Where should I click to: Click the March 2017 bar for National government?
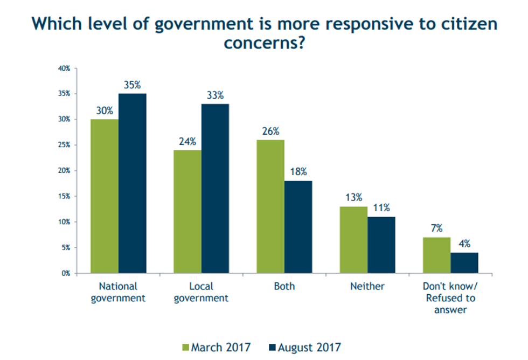(105, 196)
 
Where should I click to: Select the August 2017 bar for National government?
(133, 183)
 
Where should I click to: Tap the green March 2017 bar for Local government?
(187, 211)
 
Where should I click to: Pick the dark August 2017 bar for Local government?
(216, 189)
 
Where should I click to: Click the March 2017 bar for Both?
(270, 206)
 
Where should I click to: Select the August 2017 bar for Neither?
(381, 245)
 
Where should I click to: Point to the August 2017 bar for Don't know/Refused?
(464, 263)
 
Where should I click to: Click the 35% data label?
(133, 85)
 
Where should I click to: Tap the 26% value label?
(270, 131)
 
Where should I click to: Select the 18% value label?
(298, 172)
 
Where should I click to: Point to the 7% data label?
(436, 229)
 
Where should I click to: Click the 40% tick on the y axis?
(65, 68)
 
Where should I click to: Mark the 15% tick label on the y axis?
(65, 197)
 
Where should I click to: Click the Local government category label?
(202, 292)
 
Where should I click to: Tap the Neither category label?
(367, 287)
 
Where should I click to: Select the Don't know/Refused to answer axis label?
(450, 298)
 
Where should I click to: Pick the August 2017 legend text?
(309, 348)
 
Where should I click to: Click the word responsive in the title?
(316, 24)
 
